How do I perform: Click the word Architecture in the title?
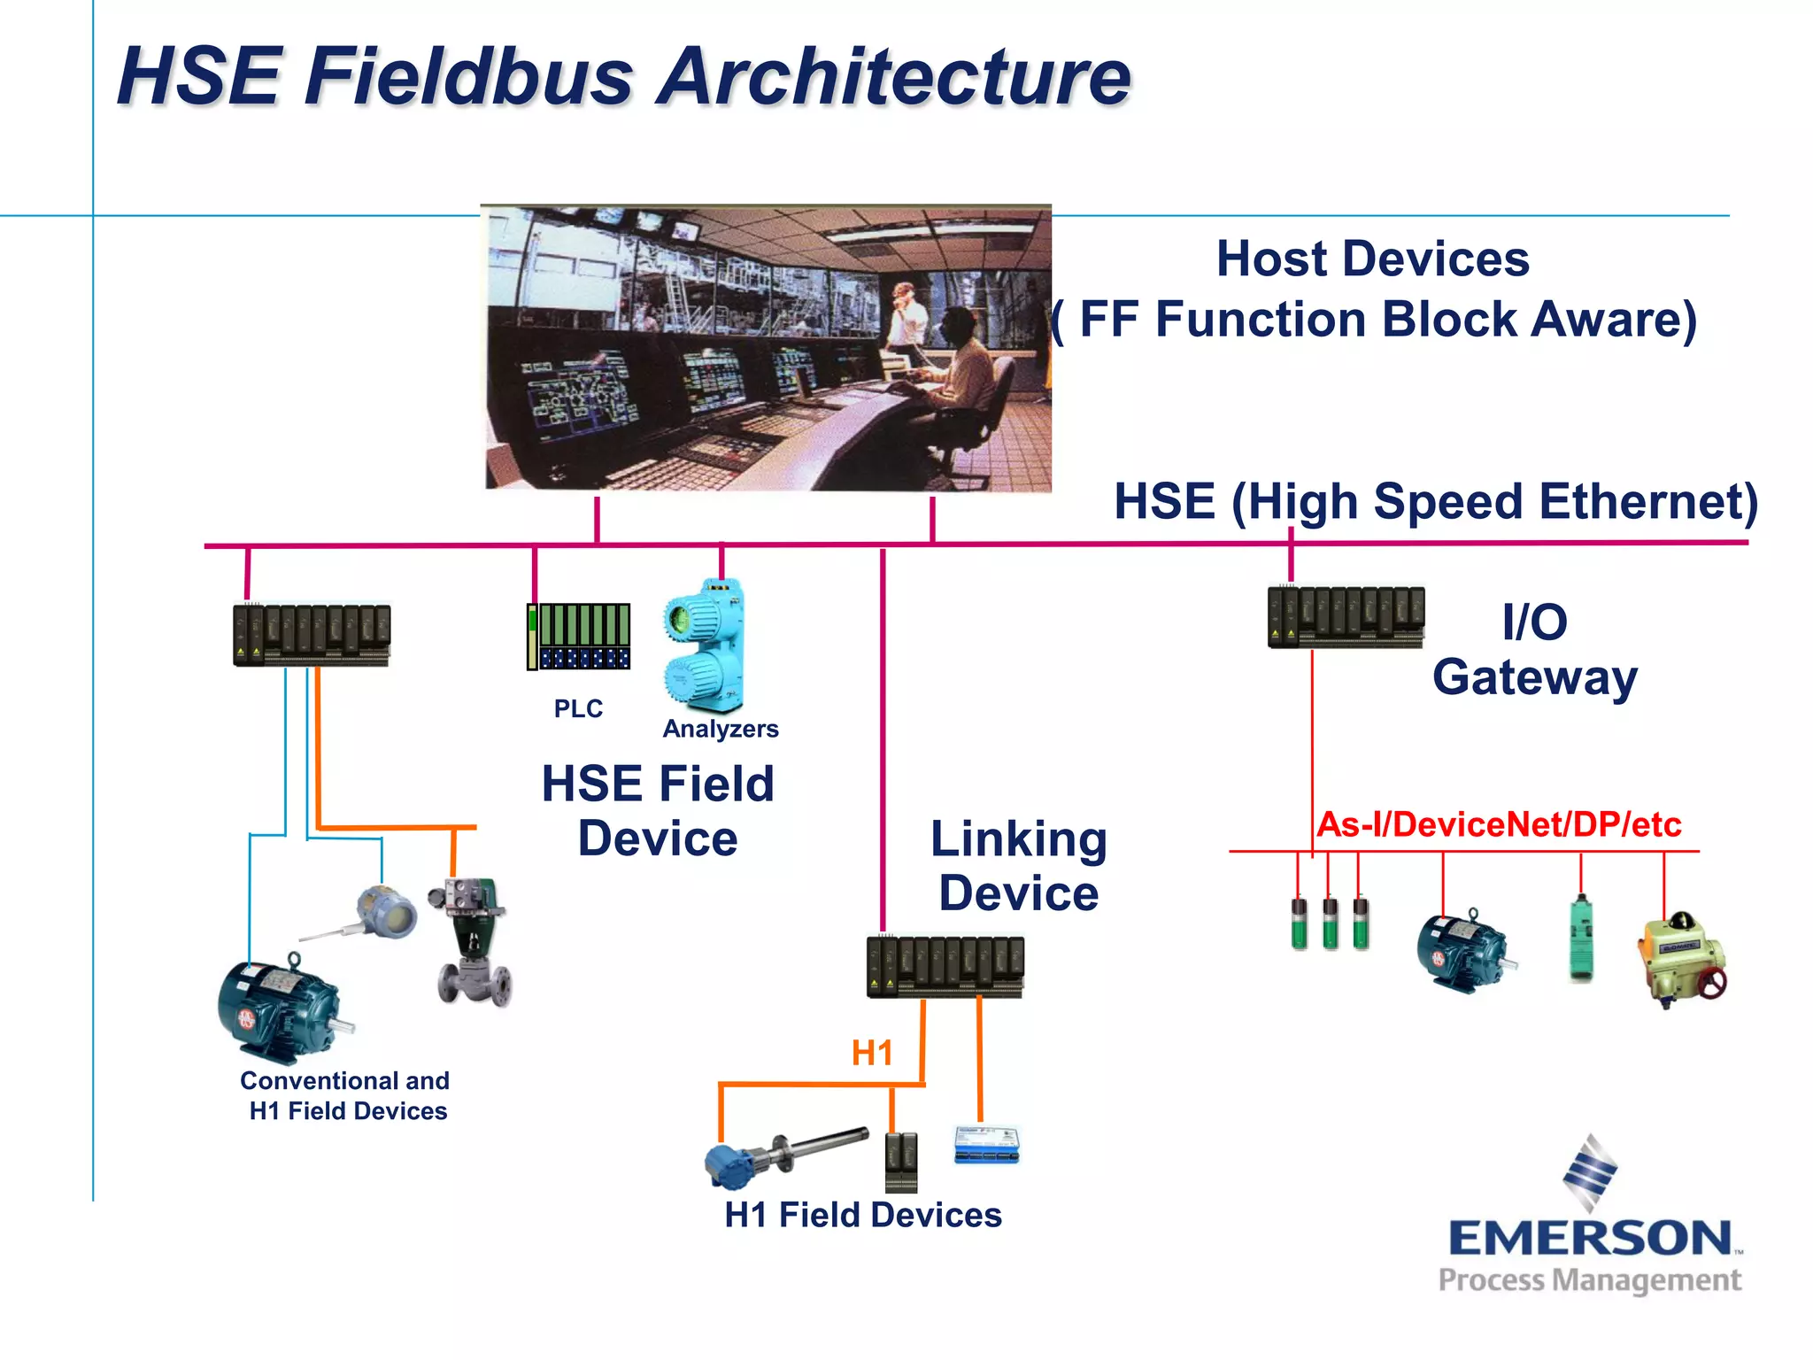point(894,78)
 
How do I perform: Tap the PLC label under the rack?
point(577,708)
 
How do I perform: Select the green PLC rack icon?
point(579,636)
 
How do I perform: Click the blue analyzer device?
point(705,646)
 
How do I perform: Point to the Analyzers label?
point(720,729)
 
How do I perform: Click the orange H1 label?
point(871,1053)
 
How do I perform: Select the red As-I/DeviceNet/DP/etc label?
point(1498,824)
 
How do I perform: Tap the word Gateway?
point(1534,678)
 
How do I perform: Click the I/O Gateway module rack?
point(1346,617)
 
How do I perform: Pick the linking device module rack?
point(945,966)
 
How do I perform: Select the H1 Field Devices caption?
point(862,1215)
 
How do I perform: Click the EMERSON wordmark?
point(1590,1238)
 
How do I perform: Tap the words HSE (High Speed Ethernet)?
point(1434,502)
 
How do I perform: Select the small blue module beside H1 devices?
point(987,1144)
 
